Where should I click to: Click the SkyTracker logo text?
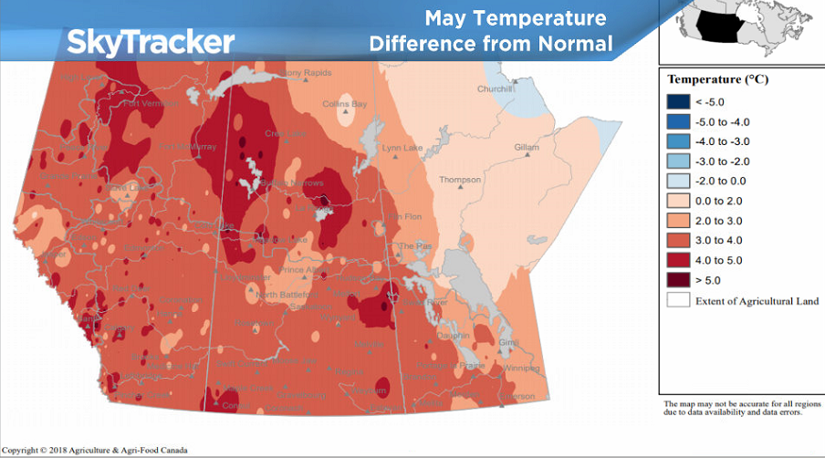pos(151,41)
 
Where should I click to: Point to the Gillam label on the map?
pos(527,147)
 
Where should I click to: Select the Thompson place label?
pos(459,180)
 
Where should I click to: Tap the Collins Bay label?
pos(345,105)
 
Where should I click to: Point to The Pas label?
pos(419,246)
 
